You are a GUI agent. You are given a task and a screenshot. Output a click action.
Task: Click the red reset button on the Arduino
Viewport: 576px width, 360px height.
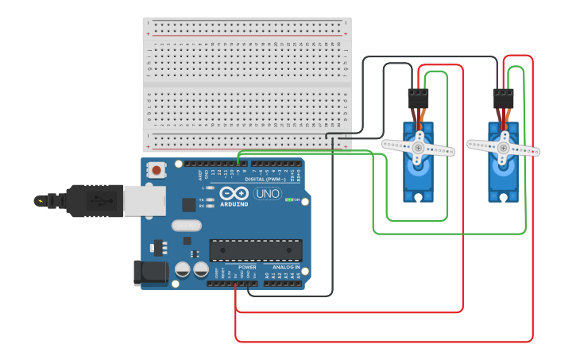coord(157,169)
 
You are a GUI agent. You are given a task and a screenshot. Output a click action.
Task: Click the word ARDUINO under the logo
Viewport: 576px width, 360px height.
coord(234,203)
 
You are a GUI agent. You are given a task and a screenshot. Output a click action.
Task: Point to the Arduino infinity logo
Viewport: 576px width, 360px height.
coord(234,193)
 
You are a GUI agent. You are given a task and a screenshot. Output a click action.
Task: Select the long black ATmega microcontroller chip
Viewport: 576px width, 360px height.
coord(255,250)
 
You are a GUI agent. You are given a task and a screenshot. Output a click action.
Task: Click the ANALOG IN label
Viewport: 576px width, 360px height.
coord(286,267)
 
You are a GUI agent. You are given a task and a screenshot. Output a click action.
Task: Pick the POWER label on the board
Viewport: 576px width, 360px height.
coord(247,267)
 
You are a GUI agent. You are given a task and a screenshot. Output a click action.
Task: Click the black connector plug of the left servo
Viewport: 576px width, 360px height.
coord(418,98)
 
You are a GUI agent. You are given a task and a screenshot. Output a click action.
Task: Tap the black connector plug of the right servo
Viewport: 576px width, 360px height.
coord(503,98)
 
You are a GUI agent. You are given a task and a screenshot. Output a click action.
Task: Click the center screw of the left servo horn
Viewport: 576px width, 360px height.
coord(418,147)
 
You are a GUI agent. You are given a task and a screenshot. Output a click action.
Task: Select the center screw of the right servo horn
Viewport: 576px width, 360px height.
coord(503,147)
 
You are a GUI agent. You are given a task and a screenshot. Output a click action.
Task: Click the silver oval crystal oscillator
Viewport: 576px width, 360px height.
coord(186,225)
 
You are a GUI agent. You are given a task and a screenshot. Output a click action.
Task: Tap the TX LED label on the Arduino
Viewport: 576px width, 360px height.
coord(202,199)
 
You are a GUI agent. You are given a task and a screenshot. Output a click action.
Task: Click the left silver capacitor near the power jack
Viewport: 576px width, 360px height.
coord(183,269)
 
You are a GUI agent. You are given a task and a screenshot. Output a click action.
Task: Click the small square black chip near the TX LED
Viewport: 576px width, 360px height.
coord(188,204)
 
